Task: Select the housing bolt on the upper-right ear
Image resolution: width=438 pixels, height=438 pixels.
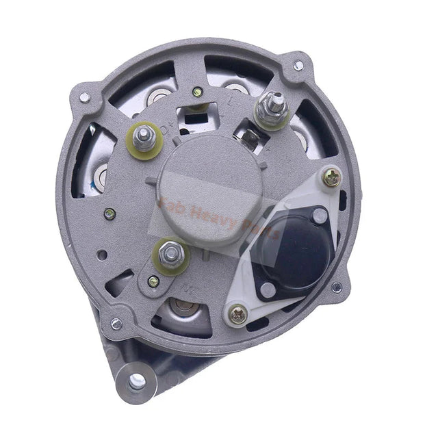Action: tap(298, 66)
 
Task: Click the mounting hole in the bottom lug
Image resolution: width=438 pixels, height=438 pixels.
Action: tap(137, 378)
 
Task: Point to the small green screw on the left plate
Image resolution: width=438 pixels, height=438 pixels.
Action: tap(109, 214)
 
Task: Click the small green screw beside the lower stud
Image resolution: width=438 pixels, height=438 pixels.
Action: tap(153, 281)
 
